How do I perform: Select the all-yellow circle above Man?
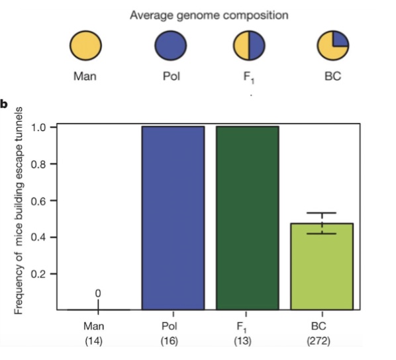click(86, 46)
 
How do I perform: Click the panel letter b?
click(5, 104)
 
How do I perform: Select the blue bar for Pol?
click(173, 218)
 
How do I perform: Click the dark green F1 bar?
click(247, 218)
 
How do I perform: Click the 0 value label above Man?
click(99, 292)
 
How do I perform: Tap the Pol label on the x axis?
click(170, 326)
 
